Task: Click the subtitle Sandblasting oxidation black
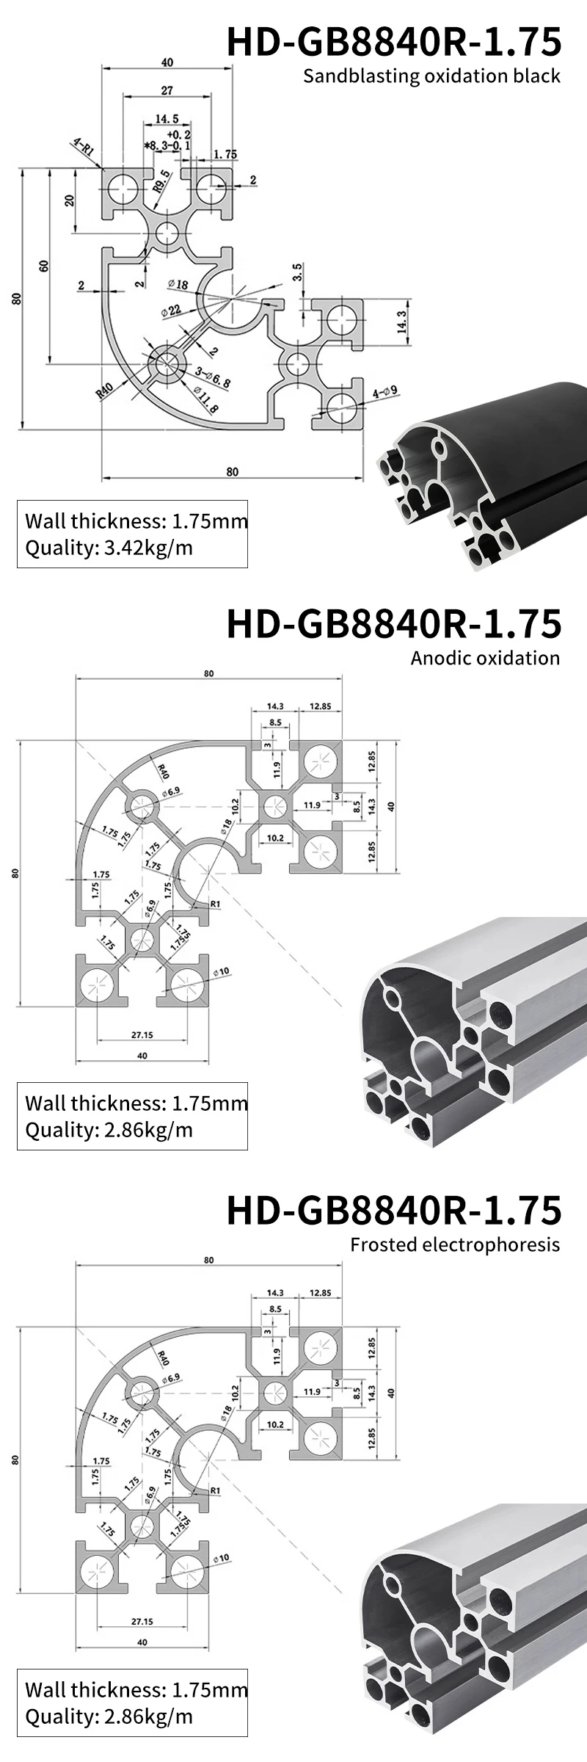coord(431,76)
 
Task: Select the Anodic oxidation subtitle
coord(485,658)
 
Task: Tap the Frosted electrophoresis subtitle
coord(455,1244)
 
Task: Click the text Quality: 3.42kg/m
coord(109,548)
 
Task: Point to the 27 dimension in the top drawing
coord(167,90)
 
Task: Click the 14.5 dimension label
coord(167,118)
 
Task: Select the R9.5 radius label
coord(161,180)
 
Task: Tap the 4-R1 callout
coord(83,147)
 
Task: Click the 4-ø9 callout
coord(384,393)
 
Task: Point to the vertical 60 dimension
coord(44,267)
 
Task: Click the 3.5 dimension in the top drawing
coord(296,272)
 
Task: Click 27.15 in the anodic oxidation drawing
coord(142,1035)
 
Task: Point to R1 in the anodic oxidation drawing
coord(215,904)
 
